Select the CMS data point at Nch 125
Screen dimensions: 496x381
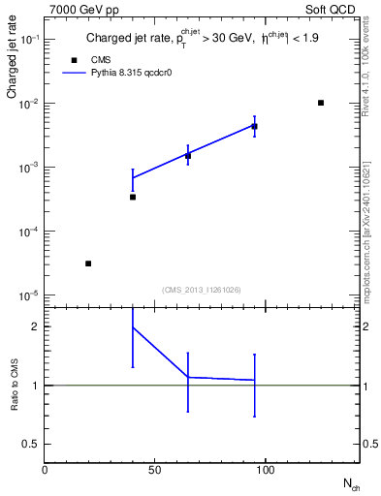[321, 103]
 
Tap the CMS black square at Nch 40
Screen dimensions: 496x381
[133, 197]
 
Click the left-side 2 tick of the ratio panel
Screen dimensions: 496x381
[35, 326]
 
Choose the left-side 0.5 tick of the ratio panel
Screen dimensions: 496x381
[31, 444]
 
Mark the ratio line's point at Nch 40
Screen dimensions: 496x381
[133, 327]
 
